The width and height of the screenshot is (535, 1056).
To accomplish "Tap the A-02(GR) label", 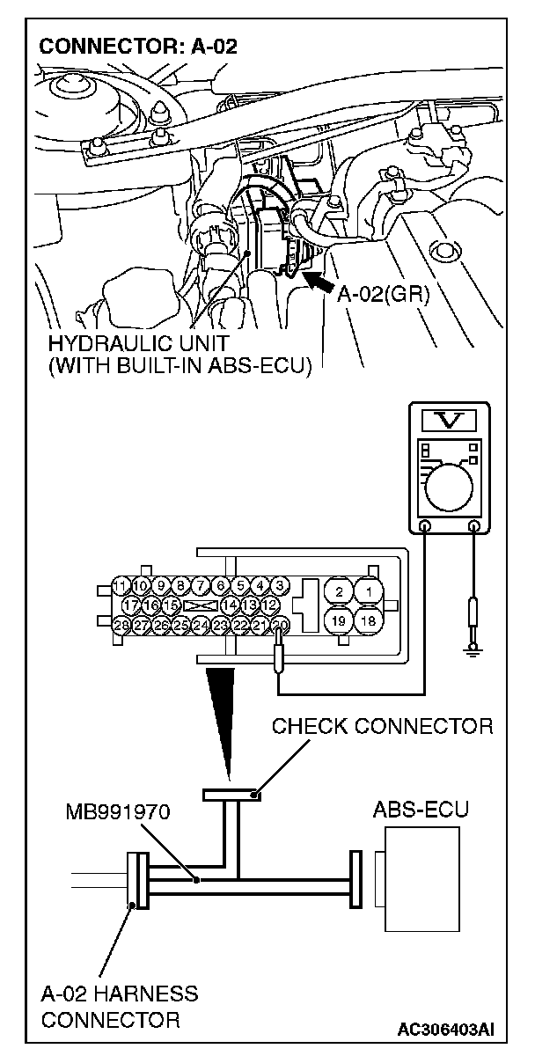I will point(383,294).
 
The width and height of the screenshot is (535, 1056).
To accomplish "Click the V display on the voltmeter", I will point(451,421).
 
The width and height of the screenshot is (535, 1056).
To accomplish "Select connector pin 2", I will point(340,591).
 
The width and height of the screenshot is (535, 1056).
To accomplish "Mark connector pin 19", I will point(340,621).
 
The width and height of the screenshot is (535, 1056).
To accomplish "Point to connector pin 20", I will point(281,626).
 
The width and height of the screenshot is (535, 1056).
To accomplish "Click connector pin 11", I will point(121,585).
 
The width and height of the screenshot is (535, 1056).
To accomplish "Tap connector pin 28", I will point(121,626).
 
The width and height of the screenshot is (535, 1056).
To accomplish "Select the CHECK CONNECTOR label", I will point(382,726).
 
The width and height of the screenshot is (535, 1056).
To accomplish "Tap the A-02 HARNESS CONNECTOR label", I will point(119,1008).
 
